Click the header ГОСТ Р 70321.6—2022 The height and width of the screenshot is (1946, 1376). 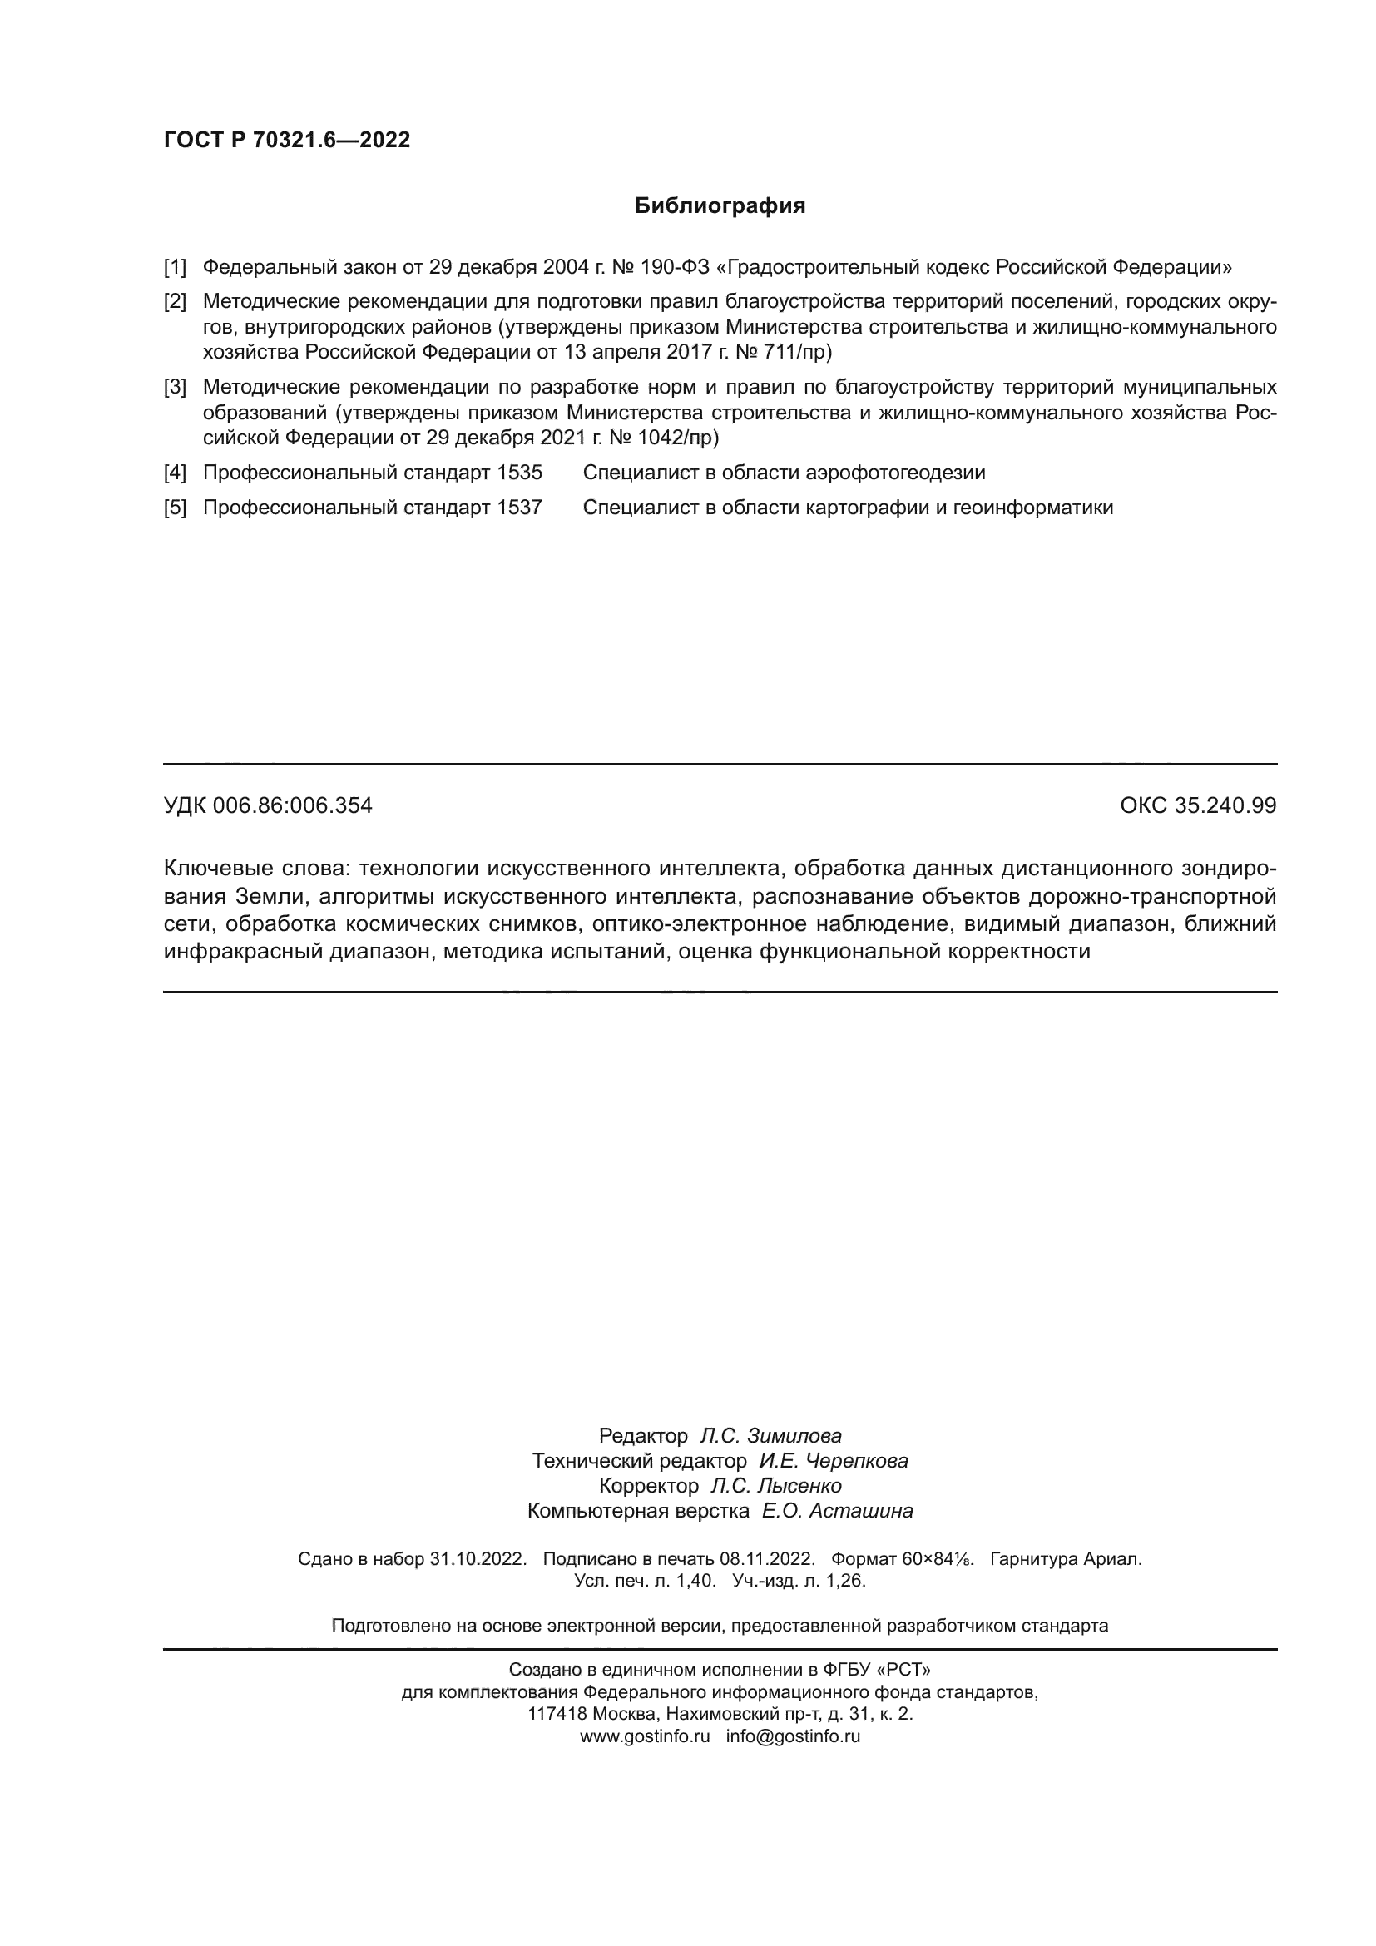[286, 140]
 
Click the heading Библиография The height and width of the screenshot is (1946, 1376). [720, 206]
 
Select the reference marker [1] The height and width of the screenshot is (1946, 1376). [175, 268]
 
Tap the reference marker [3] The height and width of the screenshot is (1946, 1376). [175, 388]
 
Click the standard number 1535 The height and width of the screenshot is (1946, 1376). [519, 473]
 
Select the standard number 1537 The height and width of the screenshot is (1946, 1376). [519, 508]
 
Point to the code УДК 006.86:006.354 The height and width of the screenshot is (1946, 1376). [268, 805]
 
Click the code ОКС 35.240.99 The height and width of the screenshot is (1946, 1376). [1198, 805]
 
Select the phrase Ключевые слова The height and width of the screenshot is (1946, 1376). [255, 868]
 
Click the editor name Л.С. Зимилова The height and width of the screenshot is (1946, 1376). [770, 1436]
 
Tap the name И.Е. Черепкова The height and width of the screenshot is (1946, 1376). [834, 1460]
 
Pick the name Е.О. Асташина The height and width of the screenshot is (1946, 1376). [837, 1510]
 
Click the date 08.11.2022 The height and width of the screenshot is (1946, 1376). [767, 1558]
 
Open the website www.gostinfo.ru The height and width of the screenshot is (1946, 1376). [645, 1736]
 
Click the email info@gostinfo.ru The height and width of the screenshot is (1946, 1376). [793, 1736]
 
